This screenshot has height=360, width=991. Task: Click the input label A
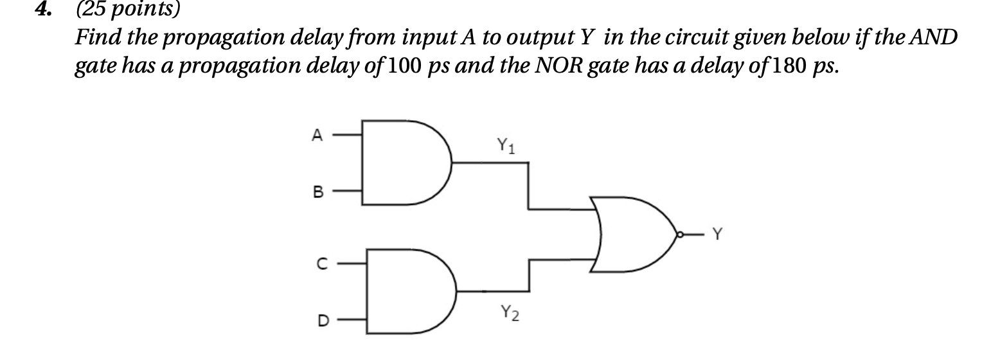coord(316,135)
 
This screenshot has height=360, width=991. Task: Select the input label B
coord(316,191)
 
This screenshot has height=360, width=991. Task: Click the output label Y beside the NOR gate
coord(717,236)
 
